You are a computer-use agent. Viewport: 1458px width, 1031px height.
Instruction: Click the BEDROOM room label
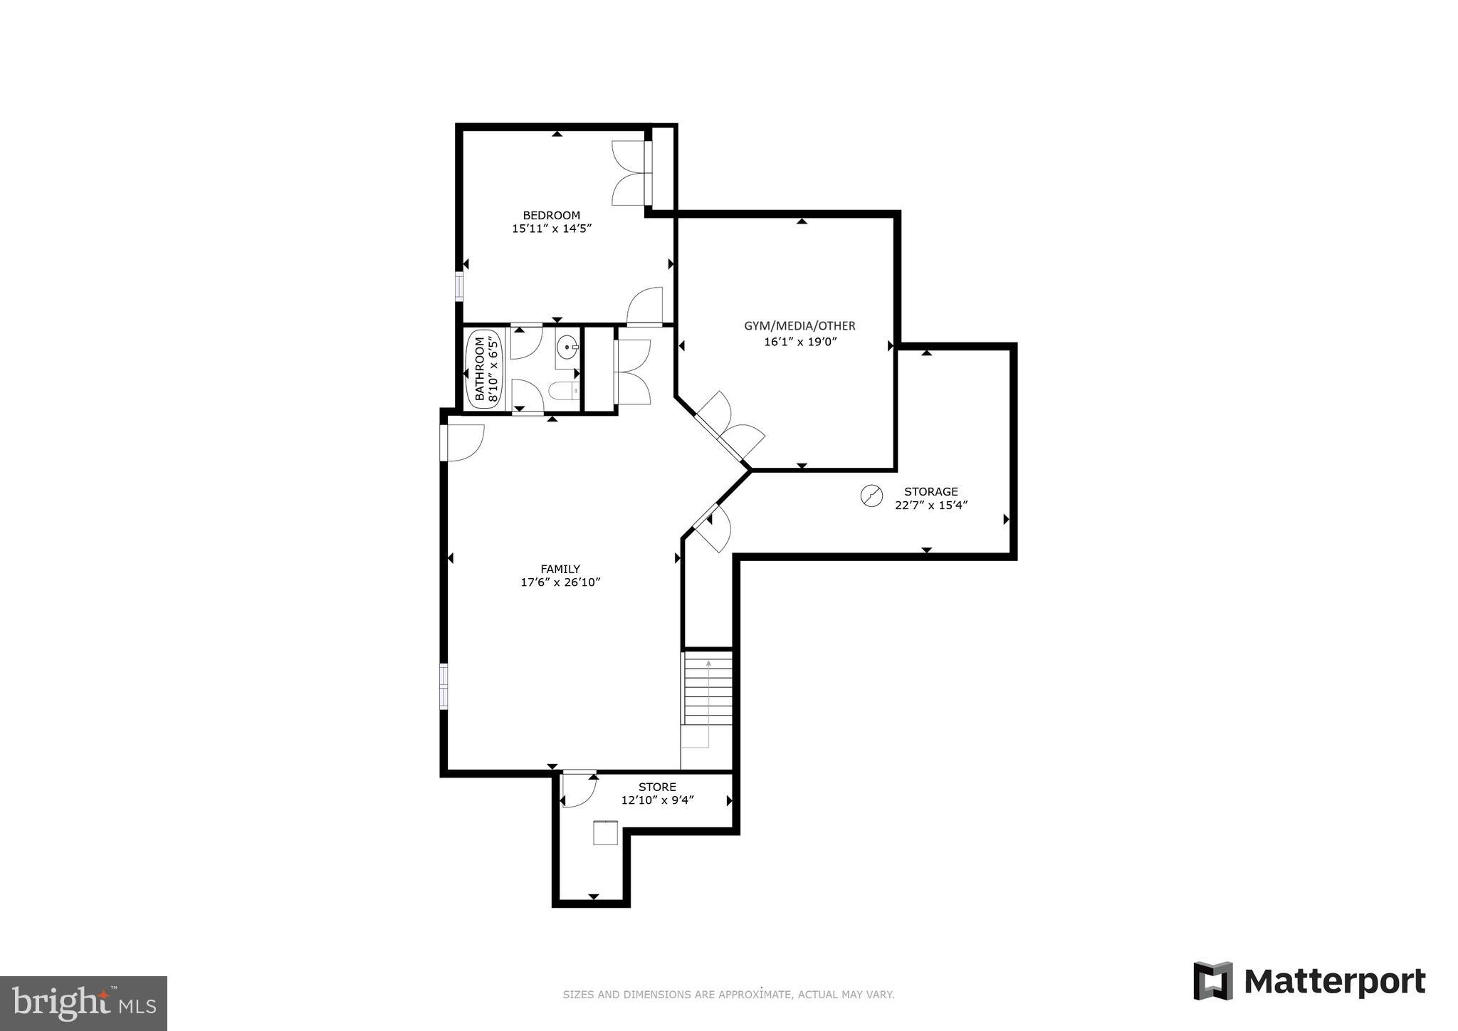pyautogui.click(x=551, y=215)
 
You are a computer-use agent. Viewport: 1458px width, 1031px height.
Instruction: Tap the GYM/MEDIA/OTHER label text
pyautogui.click(x=799, y=326)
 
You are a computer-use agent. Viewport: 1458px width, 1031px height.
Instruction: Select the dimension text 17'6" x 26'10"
pyautogui.click(x=560, y=582)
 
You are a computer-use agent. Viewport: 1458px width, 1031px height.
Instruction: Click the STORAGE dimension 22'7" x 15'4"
pyautogui.click(x=930, y=505)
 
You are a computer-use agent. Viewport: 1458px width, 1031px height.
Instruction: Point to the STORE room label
pyautogui.click(x=656, y=787)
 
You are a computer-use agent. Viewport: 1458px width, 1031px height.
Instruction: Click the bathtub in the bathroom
pyautogui.click(x=484, y=369)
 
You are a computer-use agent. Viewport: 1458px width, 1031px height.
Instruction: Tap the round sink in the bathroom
pyautogui.click(x=567, y=348)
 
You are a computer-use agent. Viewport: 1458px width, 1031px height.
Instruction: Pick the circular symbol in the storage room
pyautogui.click(x=871, y=496)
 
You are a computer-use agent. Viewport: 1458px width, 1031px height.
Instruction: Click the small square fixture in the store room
pyautogui.click(x=606, y=832)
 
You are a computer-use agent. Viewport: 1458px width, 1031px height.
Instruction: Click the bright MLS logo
pyautogui.click(x=83, y=1003)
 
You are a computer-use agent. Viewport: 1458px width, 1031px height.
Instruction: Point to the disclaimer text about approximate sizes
pyautogui.click(x=728, y=995)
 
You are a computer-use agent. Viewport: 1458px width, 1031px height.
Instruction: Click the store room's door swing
pyautogui.click(x=577, y=790)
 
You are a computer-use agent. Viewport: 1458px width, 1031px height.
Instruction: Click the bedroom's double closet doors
pyautogui.click(x=629, y=172)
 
